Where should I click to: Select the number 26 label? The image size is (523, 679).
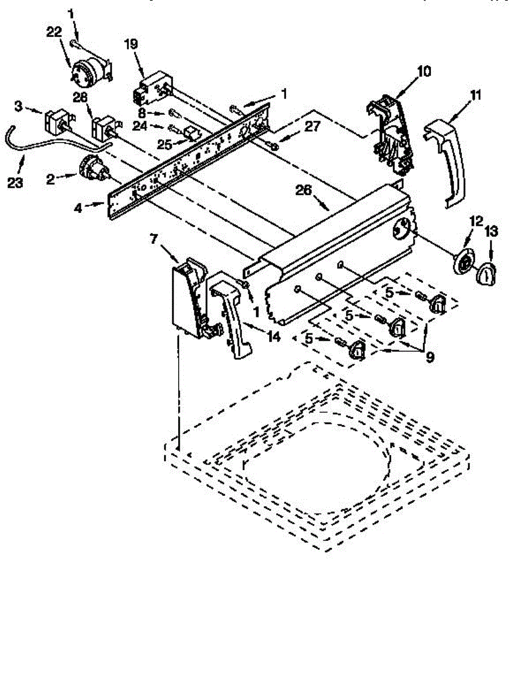click(304, 191)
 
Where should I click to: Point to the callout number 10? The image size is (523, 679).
click(423, 71)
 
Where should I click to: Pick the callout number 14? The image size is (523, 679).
click(274, 337)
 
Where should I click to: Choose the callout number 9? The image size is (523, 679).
click(430, 357)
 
